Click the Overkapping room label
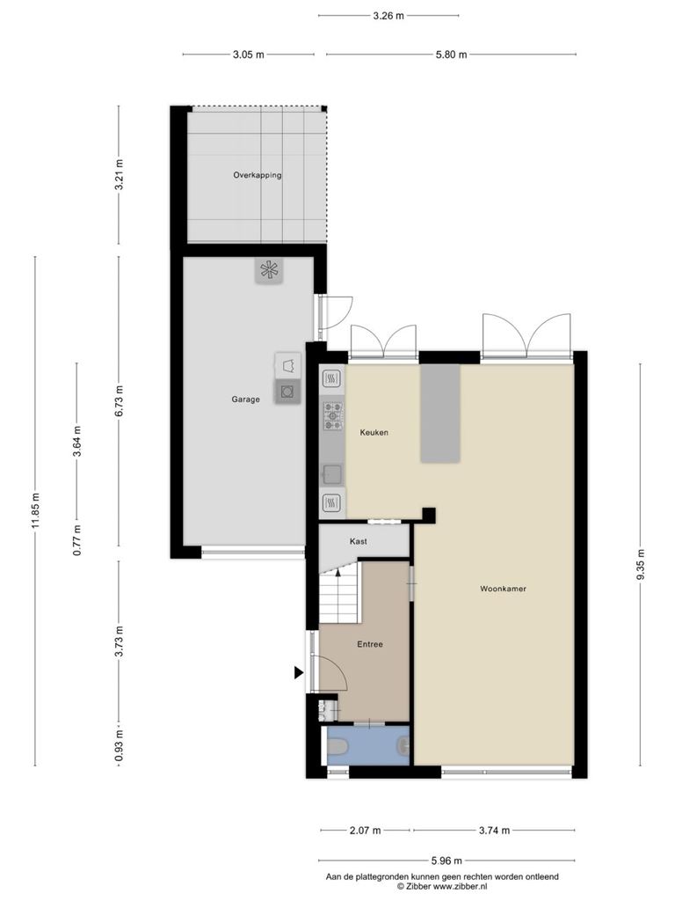[258, 175]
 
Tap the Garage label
[246, 399]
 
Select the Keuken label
[374, 432]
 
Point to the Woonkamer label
[504, 589]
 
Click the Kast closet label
[359, 541]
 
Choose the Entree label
[370, 644]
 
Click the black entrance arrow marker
[299, 672]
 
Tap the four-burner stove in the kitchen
[333, 416]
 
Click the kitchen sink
[331, 474]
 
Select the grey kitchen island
[440, 414]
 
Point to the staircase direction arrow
[338, 571]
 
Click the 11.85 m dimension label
[35, 511]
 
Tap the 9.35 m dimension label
[641, 565]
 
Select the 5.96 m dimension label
[446, 861]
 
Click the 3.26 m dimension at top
[388, 16]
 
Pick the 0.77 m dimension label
[77, 540]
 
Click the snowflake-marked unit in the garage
[269, 270]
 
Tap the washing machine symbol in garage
[287, 392]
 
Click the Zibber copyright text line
[442, 887]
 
